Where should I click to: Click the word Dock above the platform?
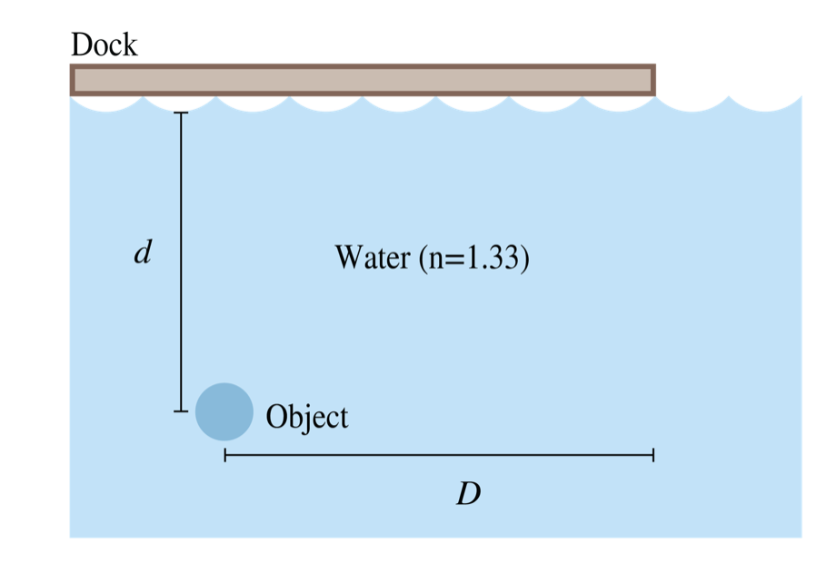(x=105, y=44)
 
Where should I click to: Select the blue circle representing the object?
(x=224, y=411)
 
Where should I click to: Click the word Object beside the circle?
(x=306, y=417)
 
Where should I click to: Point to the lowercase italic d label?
(x=141, y=252)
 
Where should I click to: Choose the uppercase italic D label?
(x=467, y=495)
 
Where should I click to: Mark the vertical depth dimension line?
(x=181, y=263)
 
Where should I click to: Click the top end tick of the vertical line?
(x=181, y=114)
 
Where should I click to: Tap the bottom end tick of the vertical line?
(x=181, y=411)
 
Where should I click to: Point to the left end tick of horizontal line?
(x=224, y=455)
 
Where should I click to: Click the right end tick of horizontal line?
(x=653, y=455)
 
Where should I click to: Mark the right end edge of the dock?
(x=652, y=80)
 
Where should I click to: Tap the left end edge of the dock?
(x=73, y=80)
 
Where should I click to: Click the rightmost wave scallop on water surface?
(x=765, y=103)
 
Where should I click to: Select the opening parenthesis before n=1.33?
(x=423, y=260)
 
